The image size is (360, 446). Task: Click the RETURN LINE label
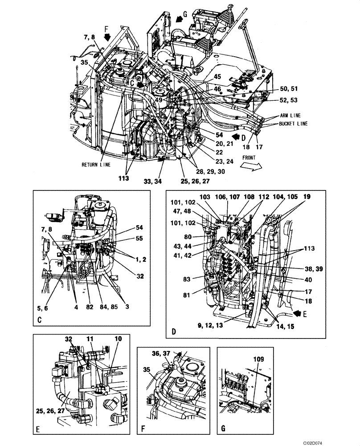tap(95, 164)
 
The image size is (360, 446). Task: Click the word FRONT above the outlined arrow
tap(250, 157)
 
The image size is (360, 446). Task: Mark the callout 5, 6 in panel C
tap(43, 307)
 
